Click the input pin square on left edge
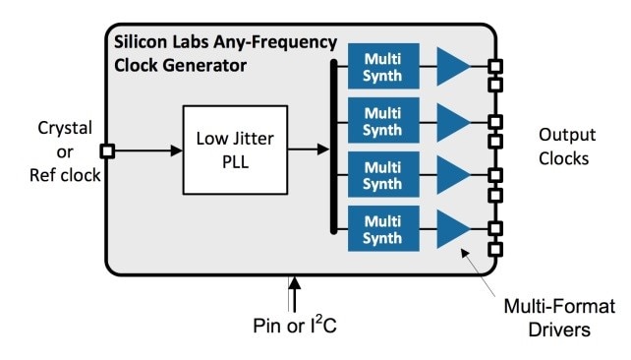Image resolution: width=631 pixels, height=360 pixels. pyautogui.click(x=107, y=151)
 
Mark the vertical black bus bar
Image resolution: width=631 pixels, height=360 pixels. pyautogui.click(x=334, y=148)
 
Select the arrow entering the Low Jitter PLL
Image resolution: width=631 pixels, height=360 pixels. pyautogui.click(x=147, y=151)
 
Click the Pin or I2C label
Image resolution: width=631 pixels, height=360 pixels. pyautogui.click(x=292, y=322)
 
